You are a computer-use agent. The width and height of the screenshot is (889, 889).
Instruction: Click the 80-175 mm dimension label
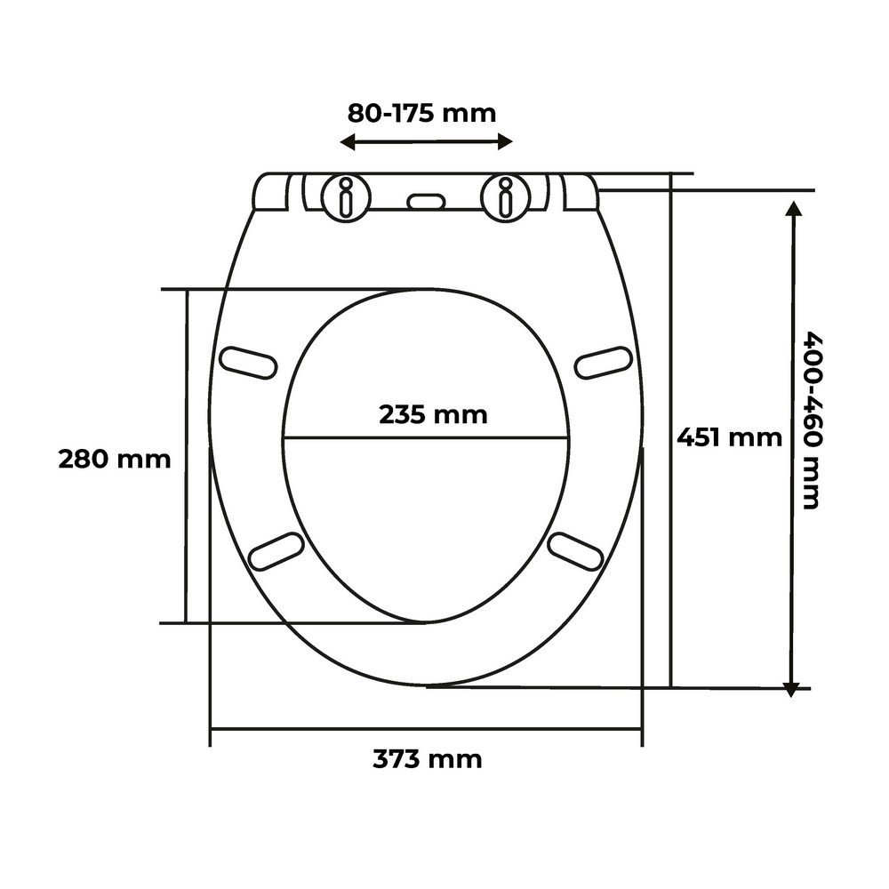[421, 114]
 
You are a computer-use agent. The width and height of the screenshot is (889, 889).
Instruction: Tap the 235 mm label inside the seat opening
[433, 414]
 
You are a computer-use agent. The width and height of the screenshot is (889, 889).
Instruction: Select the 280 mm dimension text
[115, 459]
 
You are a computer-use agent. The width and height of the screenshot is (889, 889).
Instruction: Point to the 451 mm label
[729, 437]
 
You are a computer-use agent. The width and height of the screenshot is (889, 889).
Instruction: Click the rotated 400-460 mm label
[812, 421]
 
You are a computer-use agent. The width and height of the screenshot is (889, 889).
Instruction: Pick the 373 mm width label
[428, 758]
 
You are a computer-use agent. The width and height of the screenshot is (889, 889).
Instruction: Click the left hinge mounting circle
[345, 197]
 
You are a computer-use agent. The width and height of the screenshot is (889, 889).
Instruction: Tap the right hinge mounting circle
[505, 197]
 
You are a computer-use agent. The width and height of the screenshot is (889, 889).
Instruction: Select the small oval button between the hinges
[427, 201]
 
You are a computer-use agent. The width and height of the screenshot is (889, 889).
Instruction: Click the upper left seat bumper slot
[248, 363]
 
